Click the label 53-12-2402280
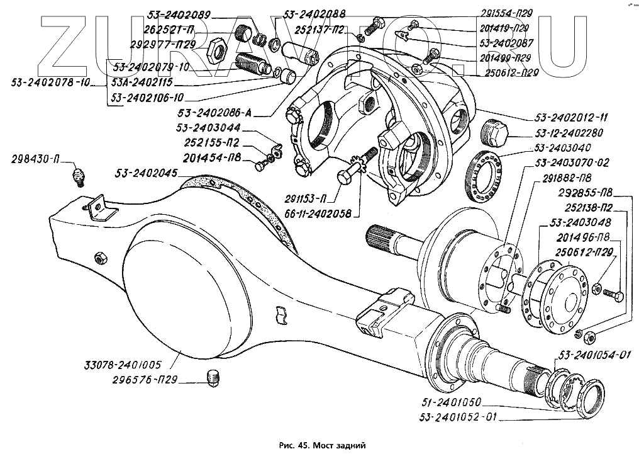570,133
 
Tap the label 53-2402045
146,172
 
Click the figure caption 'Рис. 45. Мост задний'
321,445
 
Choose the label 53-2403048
580,222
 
